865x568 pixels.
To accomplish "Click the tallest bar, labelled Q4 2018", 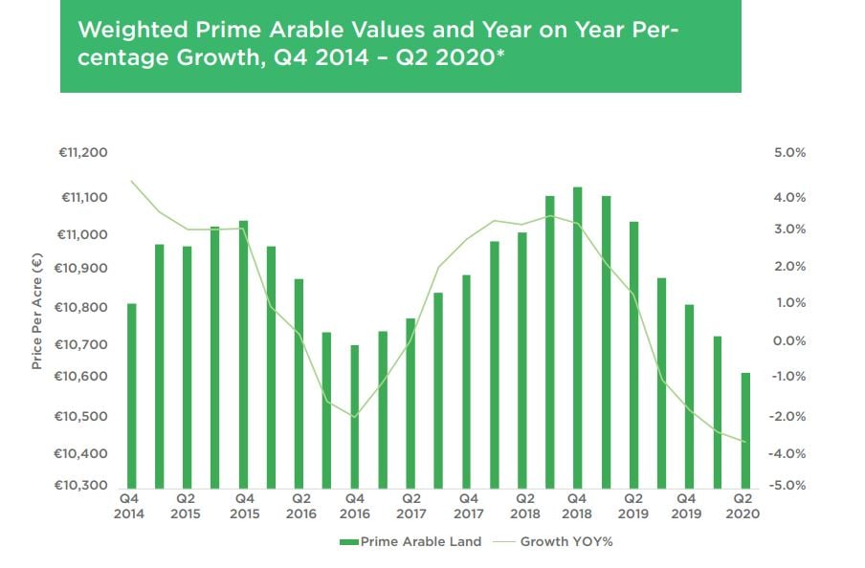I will [577, 335].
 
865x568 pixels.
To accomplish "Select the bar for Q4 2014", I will [131, 394].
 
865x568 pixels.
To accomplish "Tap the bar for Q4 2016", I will [355, 415].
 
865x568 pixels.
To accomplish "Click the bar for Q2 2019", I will [632, 354].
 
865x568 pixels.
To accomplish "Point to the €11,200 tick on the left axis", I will [84, 153].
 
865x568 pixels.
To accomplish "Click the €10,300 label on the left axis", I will [84, 486].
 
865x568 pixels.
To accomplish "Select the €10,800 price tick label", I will [84, 308].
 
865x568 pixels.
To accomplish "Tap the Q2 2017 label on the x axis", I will [411, 506].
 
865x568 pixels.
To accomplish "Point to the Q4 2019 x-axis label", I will [687, 506].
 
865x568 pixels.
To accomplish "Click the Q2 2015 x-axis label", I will [186, 506].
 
